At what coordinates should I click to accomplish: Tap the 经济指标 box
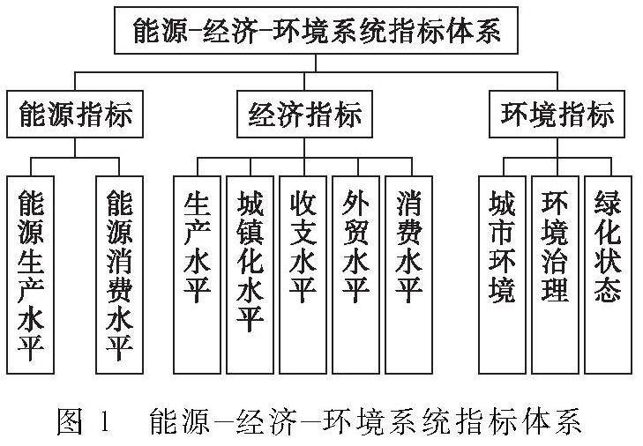(x=304, y=115)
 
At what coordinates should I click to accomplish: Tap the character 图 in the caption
(x=69, y=422)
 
